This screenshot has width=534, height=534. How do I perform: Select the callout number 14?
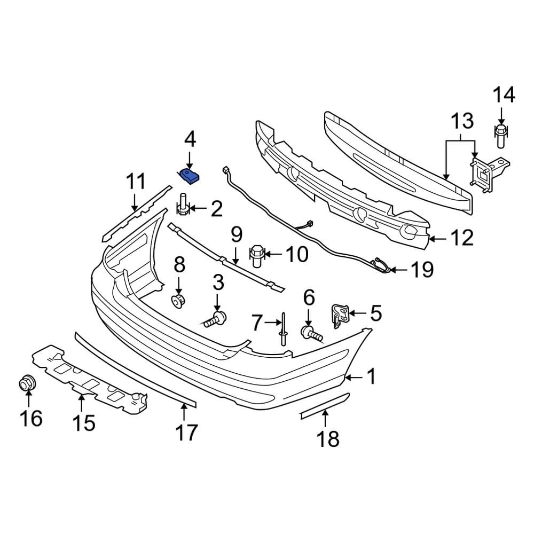click(x=503, y=96)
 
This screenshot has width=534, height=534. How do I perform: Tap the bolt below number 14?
click(x=500, y=136)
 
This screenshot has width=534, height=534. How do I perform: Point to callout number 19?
click(x=422, y=270)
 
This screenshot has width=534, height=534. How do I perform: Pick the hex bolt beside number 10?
click(x=257, y=255)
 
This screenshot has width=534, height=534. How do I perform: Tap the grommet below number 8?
click(x=178, y=301)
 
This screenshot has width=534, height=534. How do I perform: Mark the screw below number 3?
click(x=216, y=320)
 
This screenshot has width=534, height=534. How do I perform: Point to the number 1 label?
click(x=371, y=377)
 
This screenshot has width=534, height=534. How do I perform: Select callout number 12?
click(x=461, y=238)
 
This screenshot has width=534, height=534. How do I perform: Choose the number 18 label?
click(x=328, y=439)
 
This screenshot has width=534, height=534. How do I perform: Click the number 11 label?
click(x=135, y=182)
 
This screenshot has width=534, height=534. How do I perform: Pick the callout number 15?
click(x=83, y=423)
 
